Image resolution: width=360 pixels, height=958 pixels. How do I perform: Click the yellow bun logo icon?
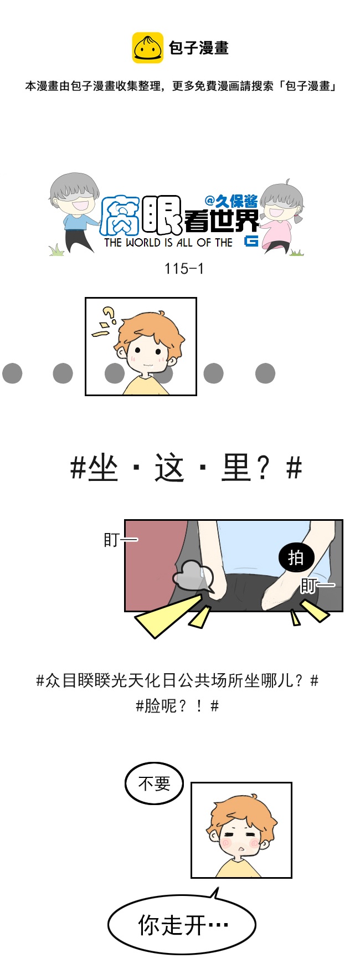[x=147, y=48]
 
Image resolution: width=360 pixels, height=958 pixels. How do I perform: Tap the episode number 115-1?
[x=184, y=269]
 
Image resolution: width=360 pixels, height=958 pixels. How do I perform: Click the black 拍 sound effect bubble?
[x=296, y=557]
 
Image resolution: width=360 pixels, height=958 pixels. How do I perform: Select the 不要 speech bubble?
[x=154, y=783]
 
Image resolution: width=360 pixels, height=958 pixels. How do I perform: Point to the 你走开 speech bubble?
[x=182, y=924]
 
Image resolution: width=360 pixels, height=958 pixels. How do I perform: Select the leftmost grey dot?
[x=12, y=373]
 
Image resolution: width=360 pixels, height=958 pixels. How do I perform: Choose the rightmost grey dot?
[x=265, y=373]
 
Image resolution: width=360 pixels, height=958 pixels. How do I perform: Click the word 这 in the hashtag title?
[x=169, y=469]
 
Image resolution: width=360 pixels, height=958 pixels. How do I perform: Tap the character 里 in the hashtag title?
[x=236, y=469]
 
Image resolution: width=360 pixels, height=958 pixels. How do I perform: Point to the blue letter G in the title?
[x=251, y=241]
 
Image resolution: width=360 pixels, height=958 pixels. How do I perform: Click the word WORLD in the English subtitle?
[x=143, y=243]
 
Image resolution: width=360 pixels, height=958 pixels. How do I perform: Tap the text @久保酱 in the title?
[x=231, y=201]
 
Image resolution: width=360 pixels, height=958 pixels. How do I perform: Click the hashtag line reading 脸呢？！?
[x=177, y=706]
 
